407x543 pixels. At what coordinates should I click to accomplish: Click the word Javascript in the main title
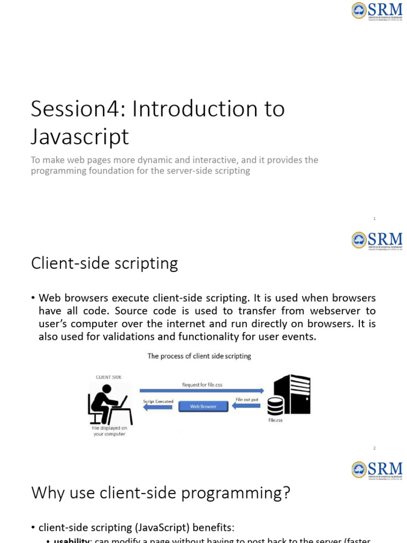pos(79,137)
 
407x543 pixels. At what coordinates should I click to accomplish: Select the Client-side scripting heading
pos(104,264)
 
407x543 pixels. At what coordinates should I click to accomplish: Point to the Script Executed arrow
pos(157,407)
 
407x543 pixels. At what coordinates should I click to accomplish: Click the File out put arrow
pos(247,406)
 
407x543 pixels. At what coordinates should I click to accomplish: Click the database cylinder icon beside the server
pos(275,406)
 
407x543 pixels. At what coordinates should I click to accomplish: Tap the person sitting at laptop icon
pos(109,404)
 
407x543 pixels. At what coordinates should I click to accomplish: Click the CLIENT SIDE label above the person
pos(109,377)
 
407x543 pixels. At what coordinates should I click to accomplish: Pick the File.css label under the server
pos(276,421)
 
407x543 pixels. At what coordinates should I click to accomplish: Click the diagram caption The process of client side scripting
pos(199,356)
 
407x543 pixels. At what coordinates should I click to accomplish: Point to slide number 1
pos(374,218)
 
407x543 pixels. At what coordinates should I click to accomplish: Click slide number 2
pos(374,448)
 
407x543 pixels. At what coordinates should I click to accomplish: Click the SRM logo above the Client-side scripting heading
pos(377,240)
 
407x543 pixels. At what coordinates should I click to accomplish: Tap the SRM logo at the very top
pos(377,11)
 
